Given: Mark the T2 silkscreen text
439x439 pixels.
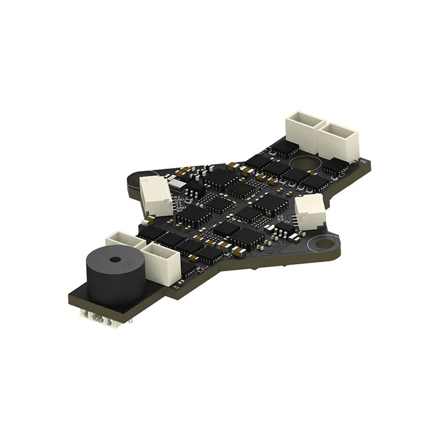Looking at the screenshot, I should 280,217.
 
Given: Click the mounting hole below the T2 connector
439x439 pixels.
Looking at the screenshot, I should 318,242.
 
